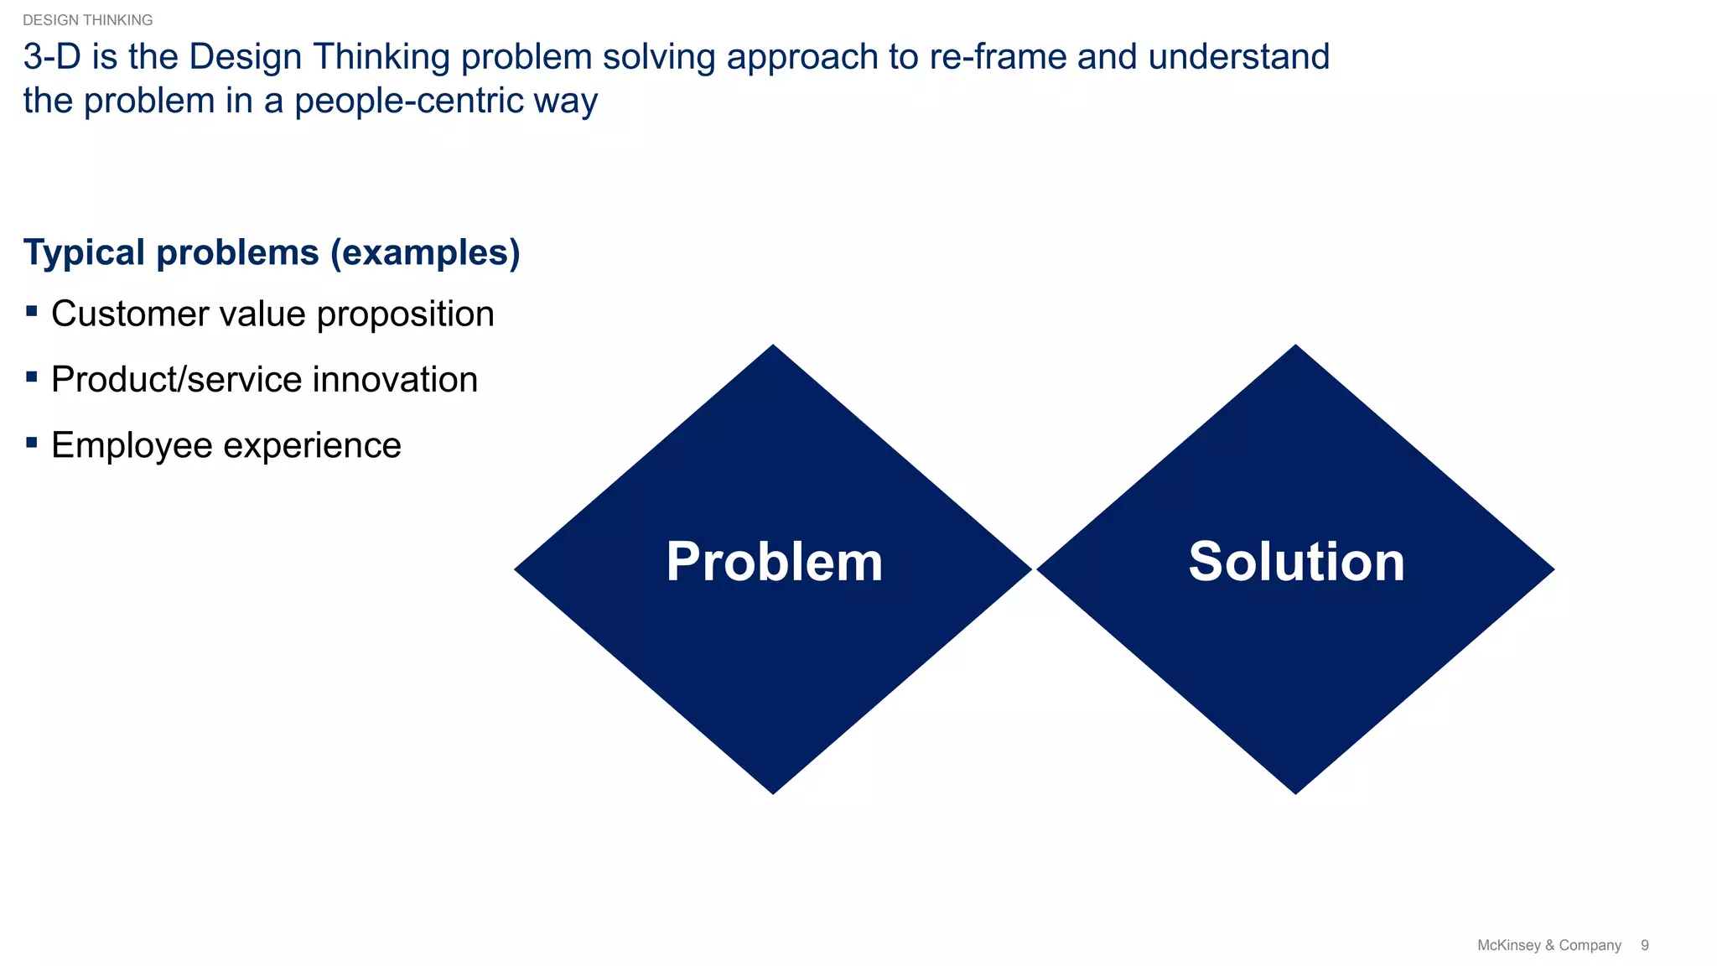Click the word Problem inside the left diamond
pyautogui.click(x=774, y=562)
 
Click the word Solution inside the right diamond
pyautogui.click(x=1296, y=562)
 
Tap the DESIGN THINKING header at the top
pyautogui.click(x=87, y=20)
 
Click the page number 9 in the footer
pyautogui.click(x=1644, y=945)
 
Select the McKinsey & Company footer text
pyautogui.click(x=1548, y=945)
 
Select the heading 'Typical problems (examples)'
pyautogui.click(x=272, y=252)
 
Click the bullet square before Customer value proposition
pyautogui.click(x=32, y=312)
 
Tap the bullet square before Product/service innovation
pyautogui.click(x=32, y=377)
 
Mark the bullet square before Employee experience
pyautogui.click(x=32, y=443)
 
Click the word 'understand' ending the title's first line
pyautogui.click(x=1238, y=57)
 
